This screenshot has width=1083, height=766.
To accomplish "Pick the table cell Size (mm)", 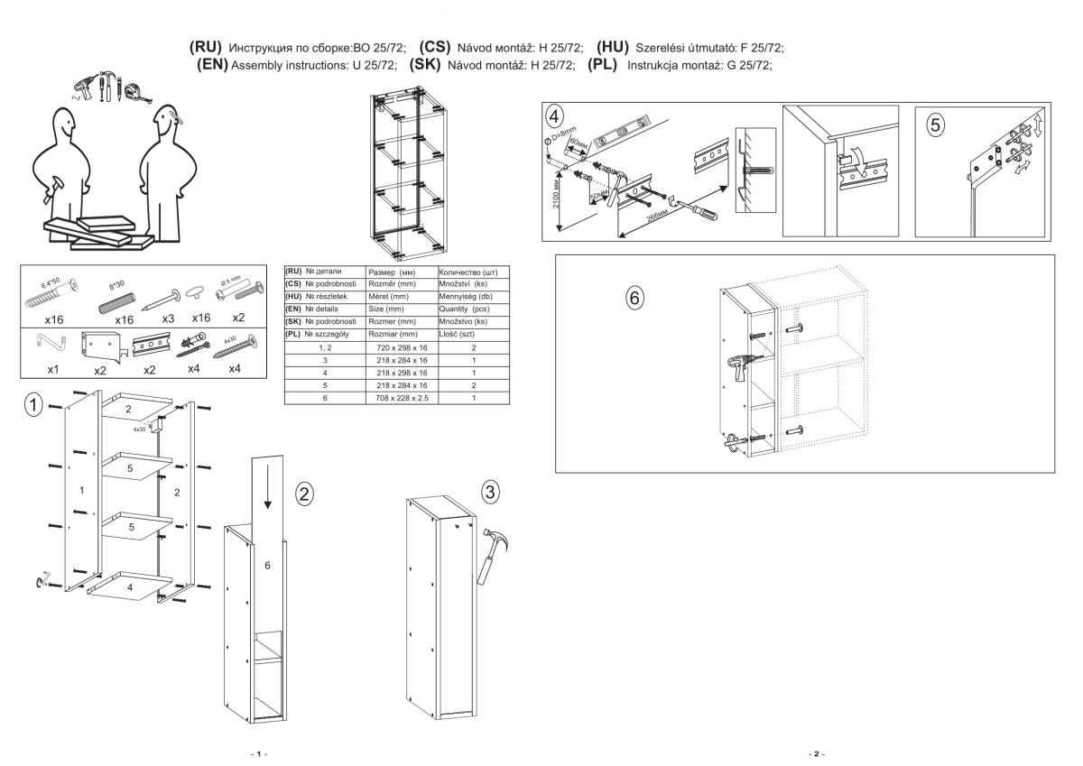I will coord(389,309).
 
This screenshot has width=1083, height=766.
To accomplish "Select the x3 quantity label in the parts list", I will coord(169,318).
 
